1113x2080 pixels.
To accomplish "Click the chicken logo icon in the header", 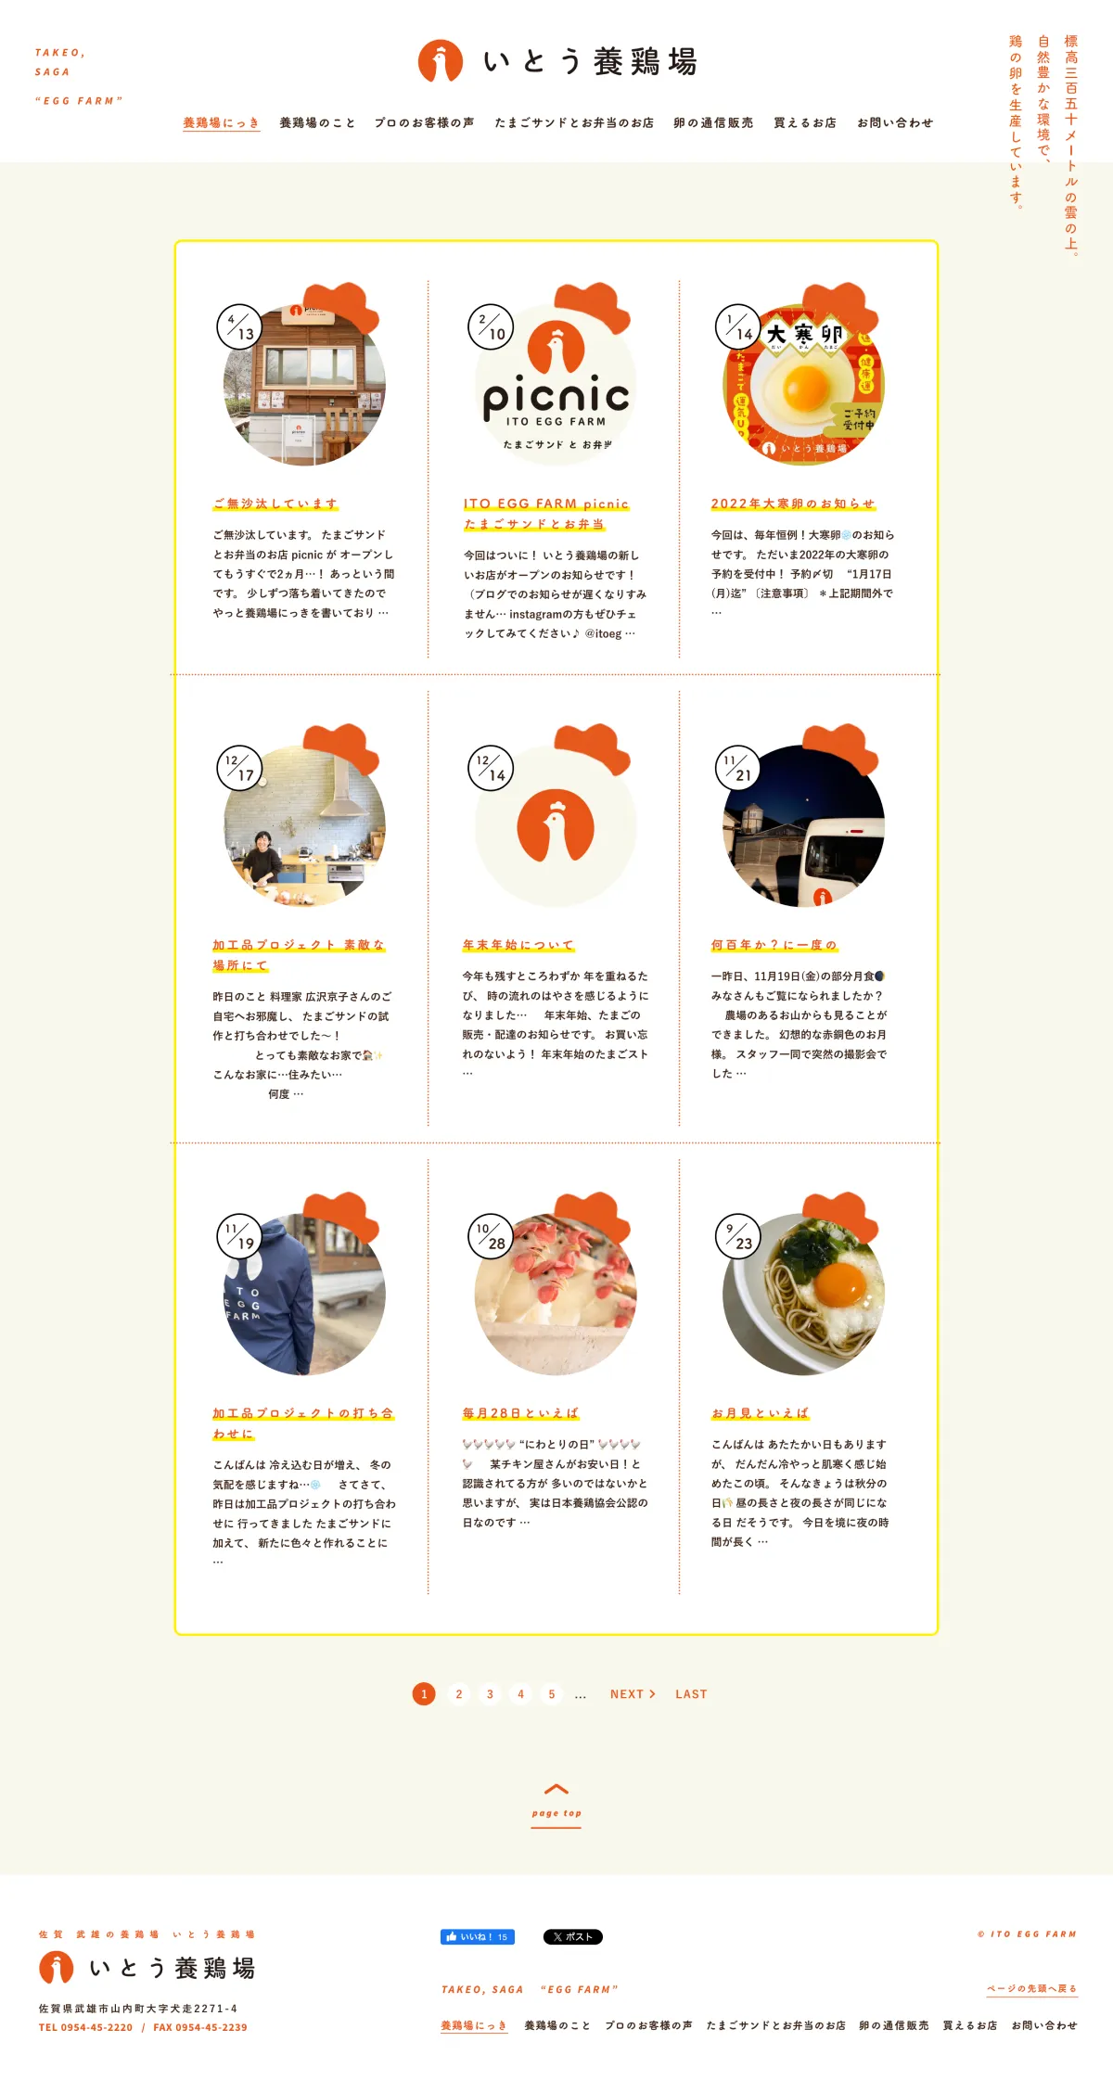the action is [441, 61].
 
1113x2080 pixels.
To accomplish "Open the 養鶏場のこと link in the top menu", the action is [317, 122].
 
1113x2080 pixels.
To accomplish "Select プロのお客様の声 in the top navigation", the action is [424, 122].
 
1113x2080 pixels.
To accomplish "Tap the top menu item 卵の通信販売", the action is [713, 122].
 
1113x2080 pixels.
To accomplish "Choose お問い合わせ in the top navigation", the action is [895, 122].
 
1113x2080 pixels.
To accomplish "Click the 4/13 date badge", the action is [239, 326].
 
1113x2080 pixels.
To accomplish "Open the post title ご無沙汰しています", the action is [275, 504].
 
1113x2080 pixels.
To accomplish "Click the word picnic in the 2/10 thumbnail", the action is [556, 397].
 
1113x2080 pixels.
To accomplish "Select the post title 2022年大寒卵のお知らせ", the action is [793, 504].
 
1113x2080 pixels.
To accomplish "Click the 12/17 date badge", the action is [239, 768].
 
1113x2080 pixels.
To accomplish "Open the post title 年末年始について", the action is [518, 945].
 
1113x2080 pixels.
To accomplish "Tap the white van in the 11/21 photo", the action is [843, 861].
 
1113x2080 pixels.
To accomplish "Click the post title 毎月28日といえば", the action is [520, 1413].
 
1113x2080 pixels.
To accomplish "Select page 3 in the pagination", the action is [490, 1694].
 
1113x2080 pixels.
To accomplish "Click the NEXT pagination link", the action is [633, 1694].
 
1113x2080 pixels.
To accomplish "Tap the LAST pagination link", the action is [691, 1694].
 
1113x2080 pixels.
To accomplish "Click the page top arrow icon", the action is [556, 1789].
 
